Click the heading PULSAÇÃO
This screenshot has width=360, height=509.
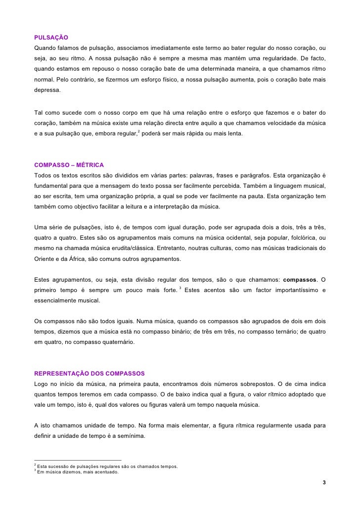(51, 38)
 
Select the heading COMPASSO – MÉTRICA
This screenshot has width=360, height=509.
(69, 165)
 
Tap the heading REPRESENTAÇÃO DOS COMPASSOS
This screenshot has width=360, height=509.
(89, 372)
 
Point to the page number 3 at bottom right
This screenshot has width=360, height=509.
(323, 482)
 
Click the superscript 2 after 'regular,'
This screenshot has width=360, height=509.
(138, 131)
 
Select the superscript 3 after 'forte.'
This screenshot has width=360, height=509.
(180, 287)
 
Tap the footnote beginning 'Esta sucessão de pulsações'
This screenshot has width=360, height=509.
(106, 466)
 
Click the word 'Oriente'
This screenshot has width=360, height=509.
(45, 258)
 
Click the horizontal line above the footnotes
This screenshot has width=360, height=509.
(77, 460)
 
